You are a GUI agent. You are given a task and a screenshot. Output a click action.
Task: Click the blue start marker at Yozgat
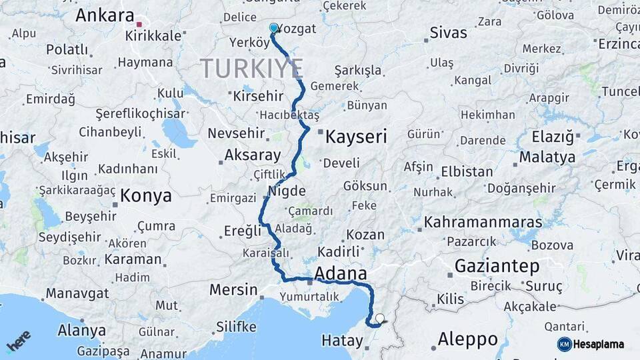[273, 28]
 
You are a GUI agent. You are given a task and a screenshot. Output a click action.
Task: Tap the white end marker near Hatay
[380, 319]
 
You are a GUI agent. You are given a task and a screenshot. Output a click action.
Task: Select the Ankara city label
[105, 15]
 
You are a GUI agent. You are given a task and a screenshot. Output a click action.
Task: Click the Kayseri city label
[355, 137]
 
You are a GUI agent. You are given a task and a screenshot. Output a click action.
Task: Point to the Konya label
[146, 196]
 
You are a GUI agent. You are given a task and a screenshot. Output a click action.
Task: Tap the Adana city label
[340, 273]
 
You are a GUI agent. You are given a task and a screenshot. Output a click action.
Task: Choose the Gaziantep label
[497, 266]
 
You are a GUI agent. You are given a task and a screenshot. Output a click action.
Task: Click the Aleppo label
[468, 339]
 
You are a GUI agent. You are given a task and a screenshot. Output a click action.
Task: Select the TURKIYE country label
[252, 68]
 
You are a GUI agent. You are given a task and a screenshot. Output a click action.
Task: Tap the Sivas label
[449, 32]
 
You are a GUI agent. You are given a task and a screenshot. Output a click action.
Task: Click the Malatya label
[547, 157]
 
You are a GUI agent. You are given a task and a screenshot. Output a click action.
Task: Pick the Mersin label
[233, 289]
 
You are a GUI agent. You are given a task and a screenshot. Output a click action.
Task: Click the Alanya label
[82, 330]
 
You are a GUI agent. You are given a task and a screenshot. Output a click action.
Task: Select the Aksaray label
[253, 155]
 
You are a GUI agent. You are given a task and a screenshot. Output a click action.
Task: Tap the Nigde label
[287, 191]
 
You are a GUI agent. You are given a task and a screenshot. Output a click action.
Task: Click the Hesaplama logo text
[599, 344]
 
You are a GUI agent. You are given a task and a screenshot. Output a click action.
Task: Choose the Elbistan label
[467, 171]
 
